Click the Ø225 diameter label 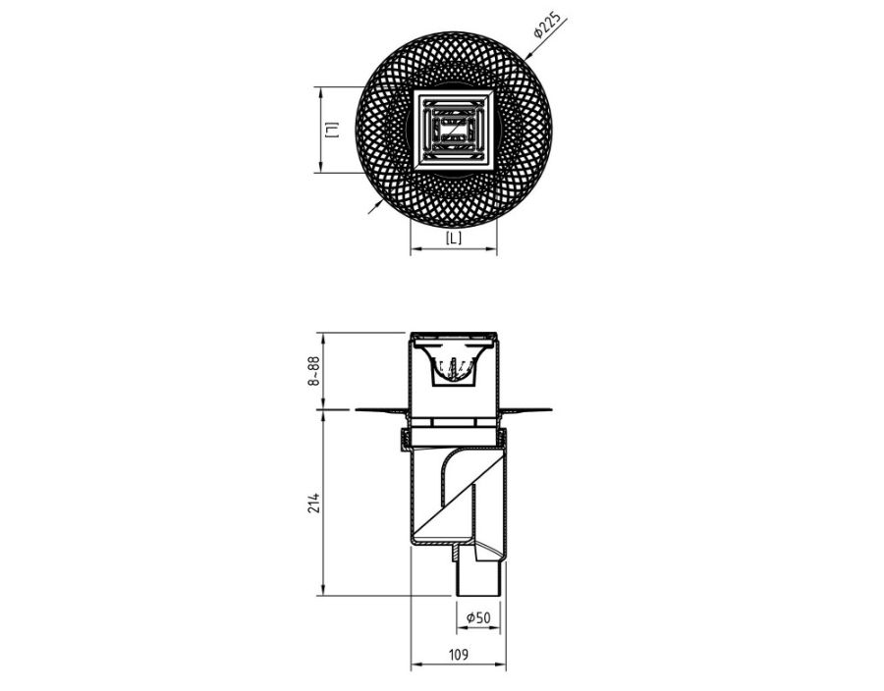[546, 27]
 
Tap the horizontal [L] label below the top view [453, 239]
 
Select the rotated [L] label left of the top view [333, 131]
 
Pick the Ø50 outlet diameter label [478, 617]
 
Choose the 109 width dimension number [458, 655]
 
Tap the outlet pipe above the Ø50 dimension [478, 575]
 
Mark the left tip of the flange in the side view [357, 409]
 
